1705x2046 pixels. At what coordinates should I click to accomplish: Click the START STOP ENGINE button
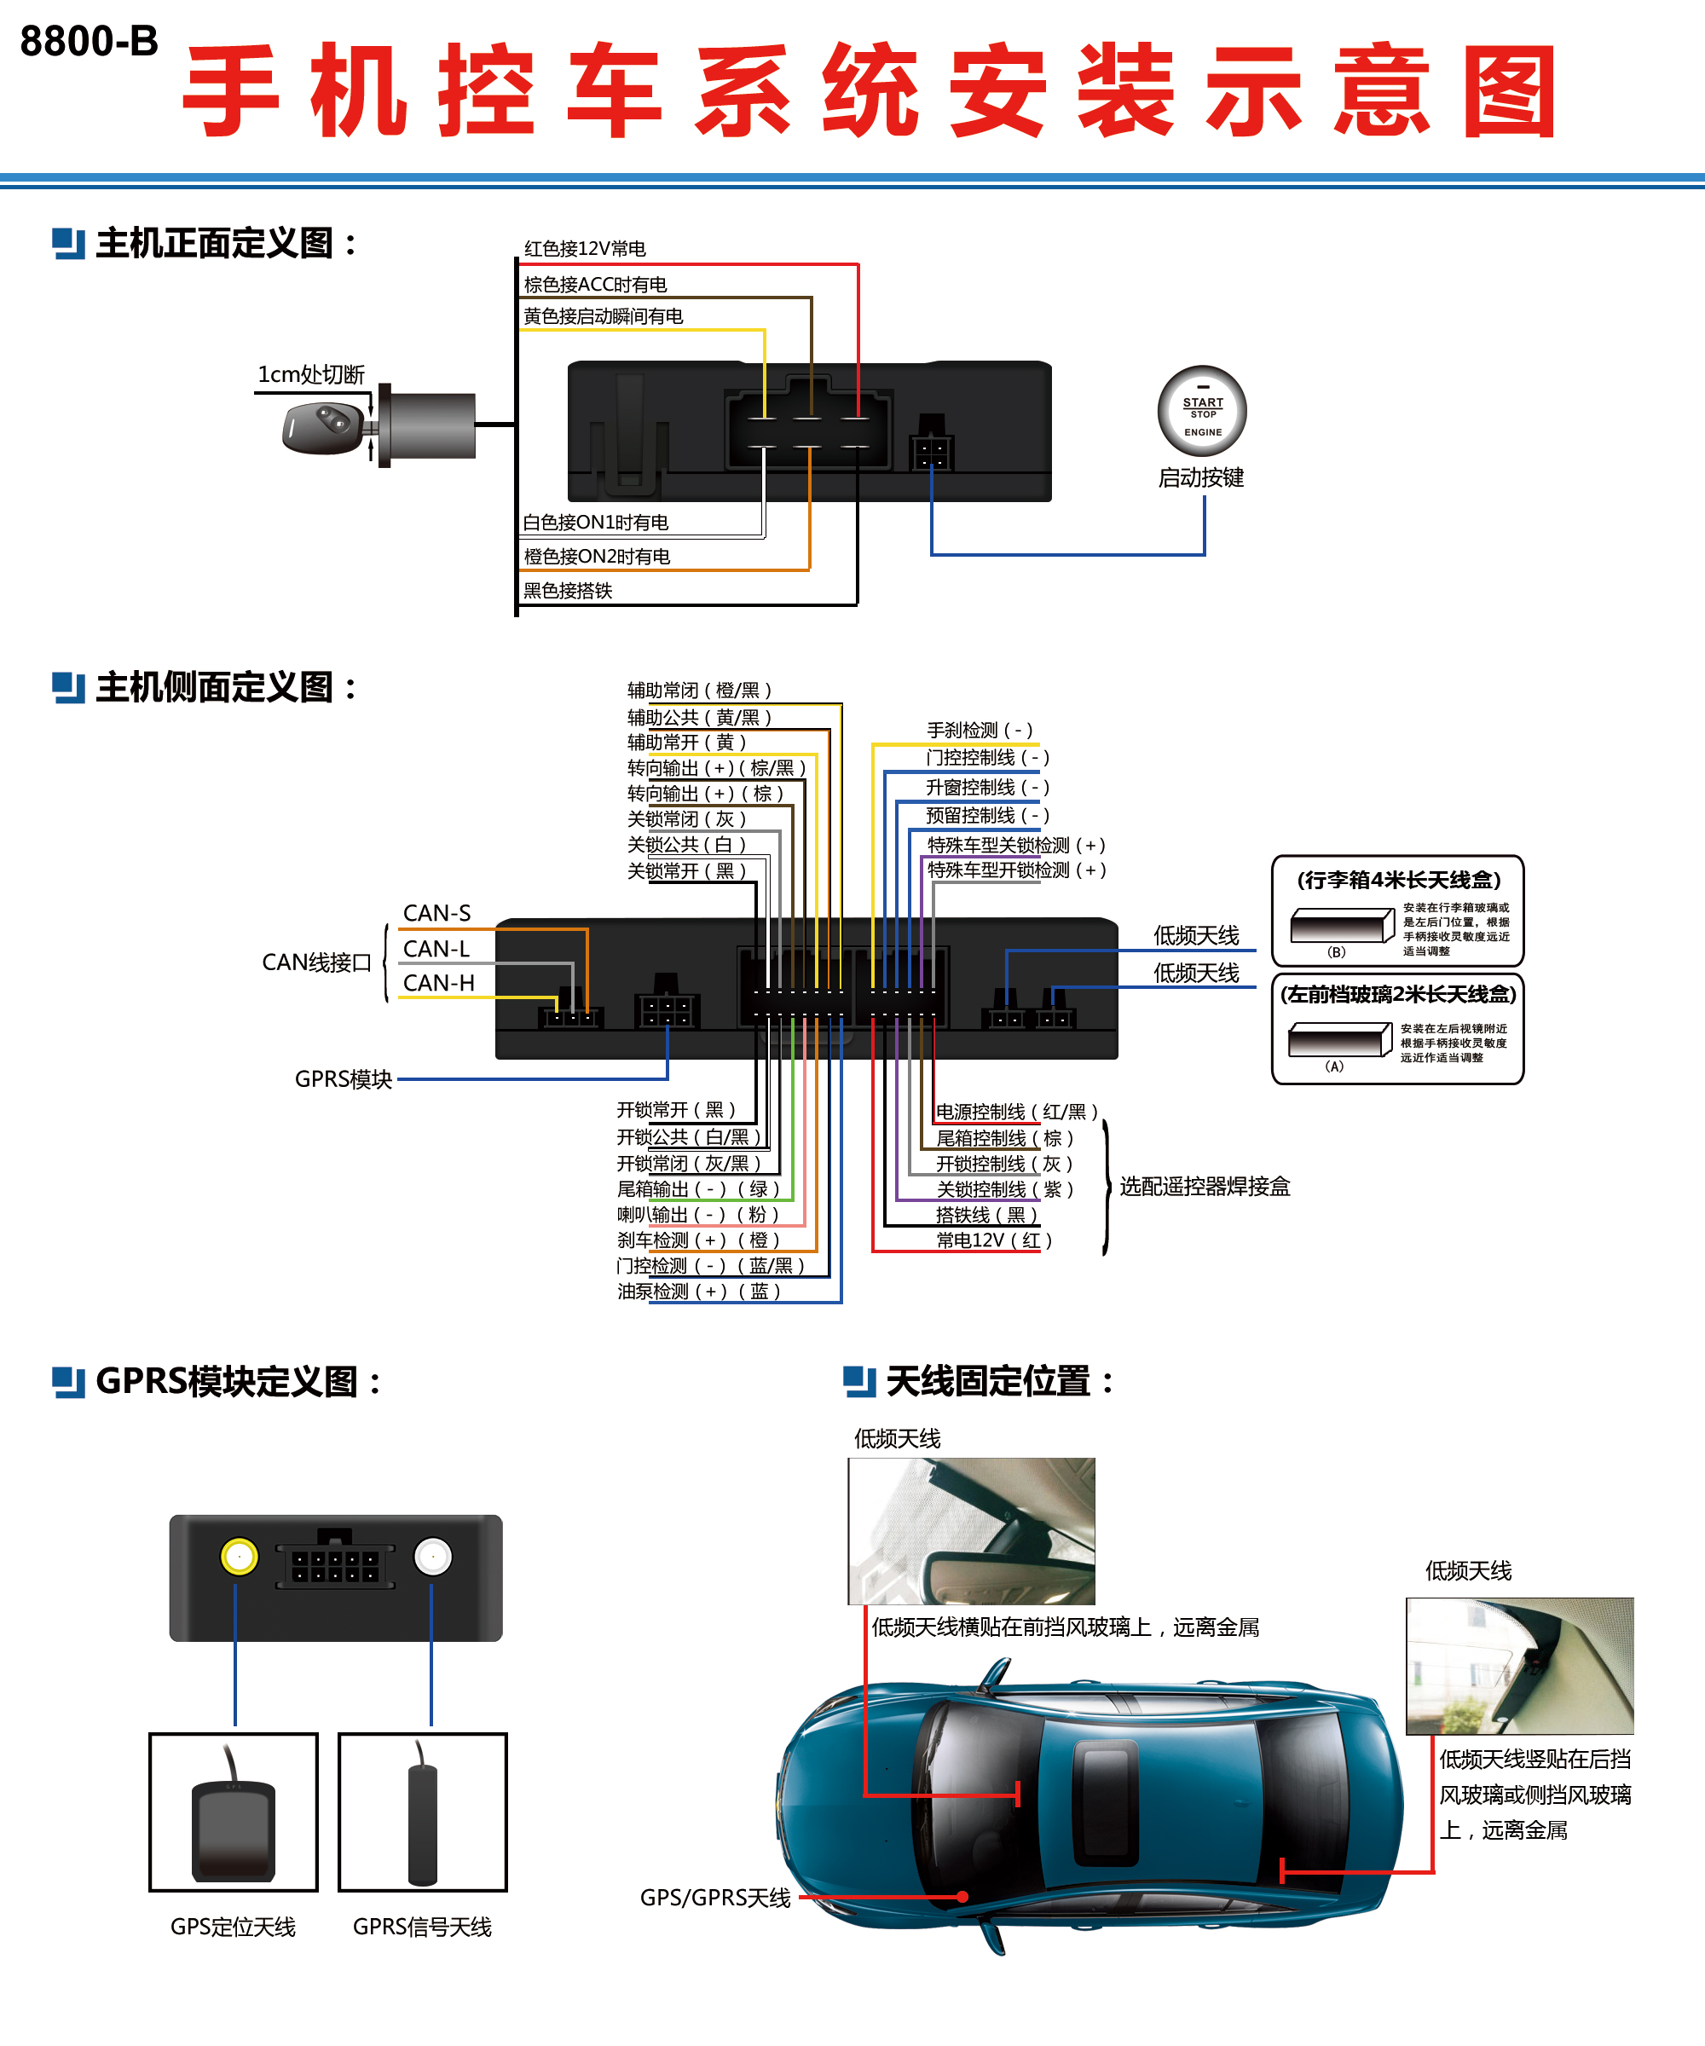point(1201,411)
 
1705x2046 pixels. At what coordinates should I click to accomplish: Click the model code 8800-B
point(89,41)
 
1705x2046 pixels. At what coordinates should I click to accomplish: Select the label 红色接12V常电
point(585,248)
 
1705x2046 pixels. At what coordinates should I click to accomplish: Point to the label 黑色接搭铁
point(567,591)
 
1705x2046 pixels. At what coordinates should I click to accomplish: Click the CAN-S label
point(436,913)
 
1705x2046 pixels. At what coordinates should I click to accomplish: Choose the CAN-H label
point(438,983)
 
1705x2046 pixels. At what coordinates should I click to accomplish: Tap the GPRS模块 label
point(343,1079)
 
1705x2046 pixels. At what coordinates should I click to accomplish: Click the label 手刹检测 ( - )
point(980,730)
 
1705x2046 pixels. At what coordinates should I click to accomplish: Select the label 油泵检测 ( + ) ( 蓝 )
point(698,1291)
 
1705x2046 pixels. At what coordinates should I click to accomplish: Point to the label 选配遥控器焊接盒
point(1205,1186)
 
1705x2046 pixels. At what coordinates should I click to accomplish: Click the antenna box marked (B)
point(1342,926)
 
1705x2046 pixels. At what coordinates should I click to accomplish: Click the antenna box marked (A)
point(1338,1039)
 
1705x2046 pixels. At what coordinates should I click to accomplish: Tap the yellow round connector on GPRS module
point(239,1556)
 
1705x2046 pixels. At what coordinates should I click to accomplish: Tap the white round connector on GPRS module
point(432,1556)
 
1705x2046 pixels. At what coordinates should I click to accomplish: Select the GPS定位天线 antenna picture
point(234,1812)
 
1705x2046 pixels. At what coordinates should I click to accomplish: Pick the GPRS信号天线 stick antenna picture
point(422,1812)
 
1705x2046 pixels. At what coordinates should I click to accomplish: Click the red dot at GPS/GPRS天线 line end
point(962,1896)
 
